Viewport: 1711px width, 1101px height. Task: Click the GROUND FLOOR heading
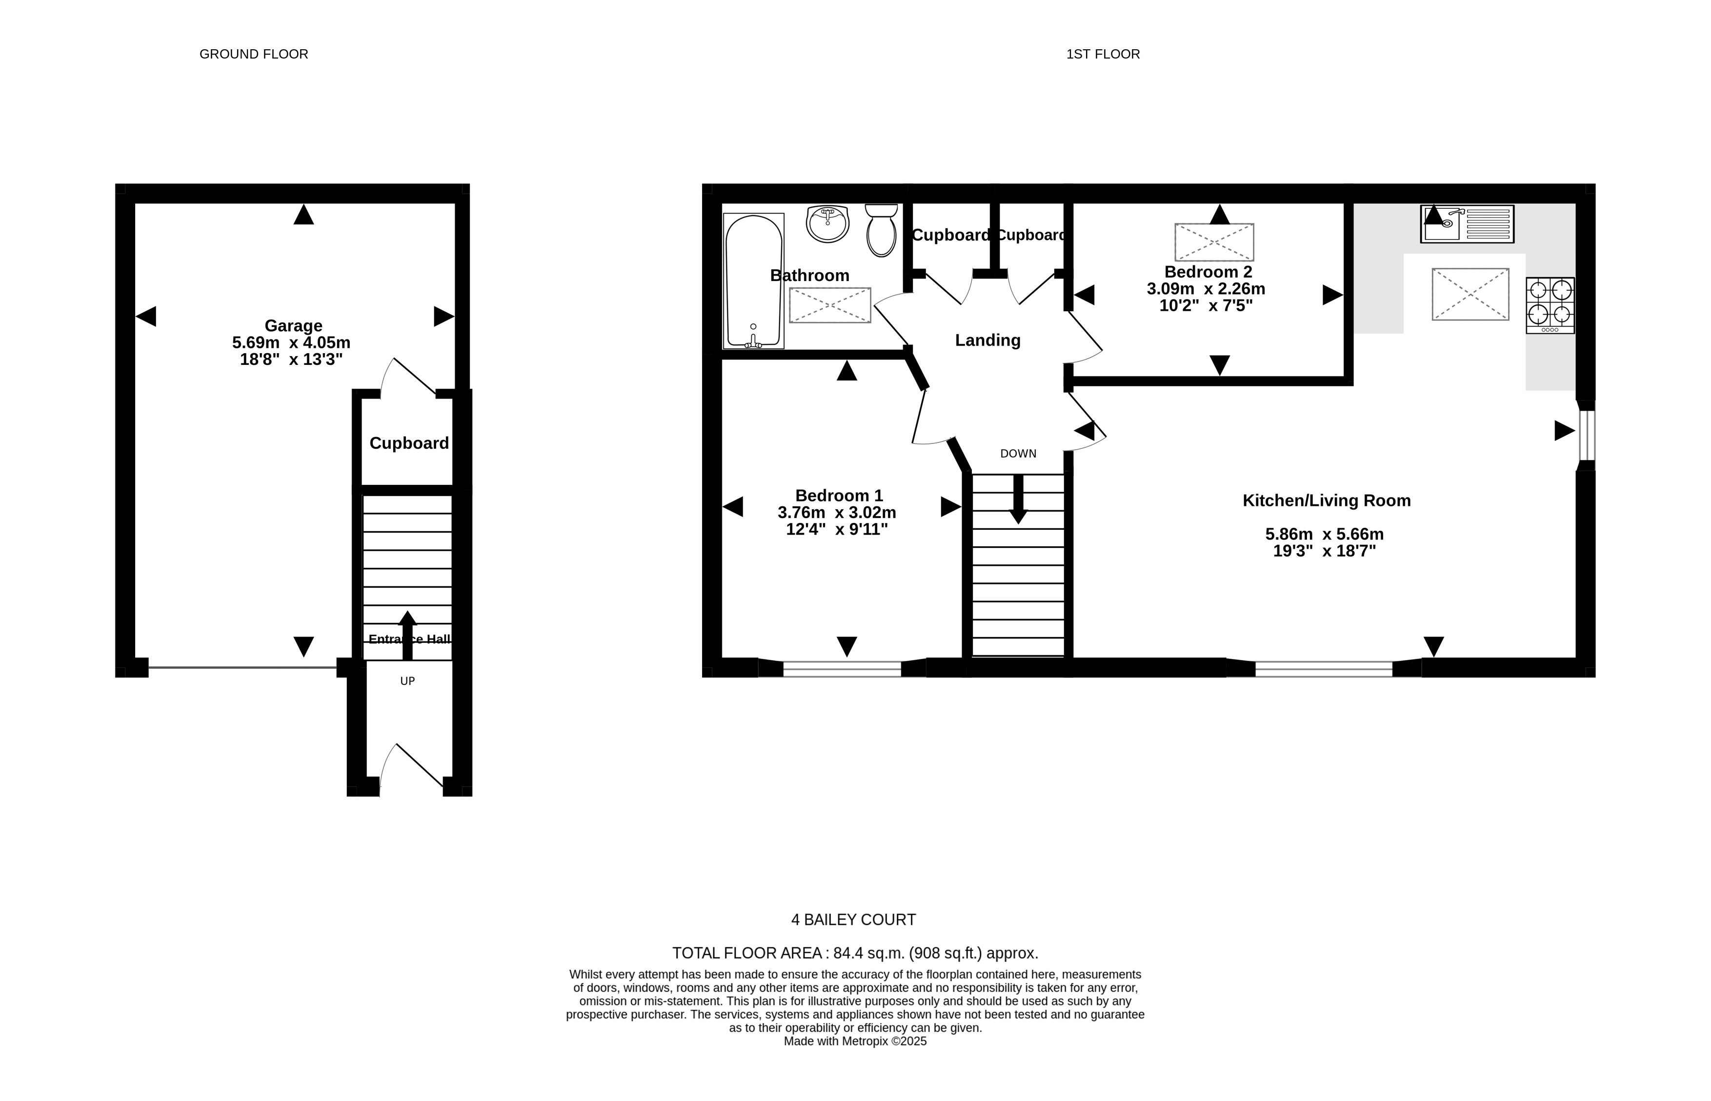pyautogui.click(x=254, y=54)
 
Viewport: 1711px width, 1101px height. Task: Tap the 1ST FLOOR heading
pyautogui.click(x=1103, y=54)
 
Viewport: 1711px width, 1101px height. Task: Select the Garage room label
pyautogui.click(x=293, y=326)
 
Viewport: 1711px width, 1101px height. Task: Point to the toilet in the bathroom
pyautogui.click(x=881, y=230)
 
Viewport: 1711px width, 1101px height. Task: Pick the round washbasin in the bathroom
pyautogui.click(x=827, y=224)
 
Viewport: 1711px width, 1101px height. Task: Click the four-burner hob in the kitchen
pyautogui.click(x=1550, y=305)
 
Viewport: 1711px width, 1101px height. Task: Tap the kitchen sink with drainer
pyautogui.click(x=1467, y=224)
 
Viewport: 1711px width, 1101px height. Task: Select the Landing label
pyautogui.click(x=987, y=340)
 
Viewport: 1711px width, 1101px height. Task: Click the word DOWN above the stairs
pyautogui.click(x=1018, y=453)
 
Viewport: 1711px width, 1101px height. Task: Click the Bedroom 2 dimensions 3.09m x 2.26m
pyautogui.click(x=1206, y=289)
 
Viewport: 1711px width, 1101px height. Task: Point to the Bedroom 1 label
pyautogui.click(x=839, y=496)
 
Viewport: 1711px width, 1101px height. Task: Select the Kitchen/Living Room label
pyautogui.click(x=1327, y=500)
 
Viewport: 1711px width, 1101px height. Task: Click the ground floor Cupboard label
pyautogui.click(x=409, y=443)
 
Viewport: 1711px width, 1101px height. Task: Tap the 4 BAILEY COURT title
pyautogui.click(x=853, y=920)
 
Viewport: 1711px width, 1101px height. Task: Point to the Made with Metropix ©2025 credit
pyautogui.click(x=855, y=1041)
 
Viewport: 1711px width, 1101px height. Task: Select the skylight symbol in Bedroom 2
pyautogui.click(x=1214, y=242)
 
